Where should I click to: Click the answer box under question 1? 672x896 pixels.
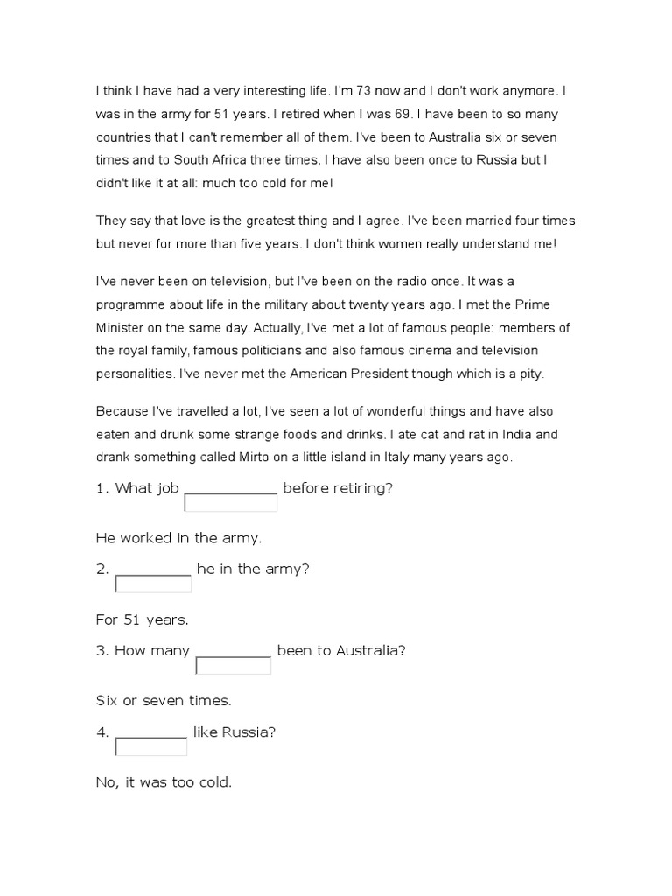coord(231,503)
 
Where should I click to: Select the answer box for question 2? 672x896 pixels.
coord(153,584)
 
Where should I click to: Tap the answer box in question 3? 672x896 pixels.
coord(233,666)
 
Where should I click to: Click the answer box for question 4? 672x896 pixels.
coord(151,746)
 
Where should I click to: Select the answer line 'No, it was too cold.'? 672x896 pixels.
coord(164,781)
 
